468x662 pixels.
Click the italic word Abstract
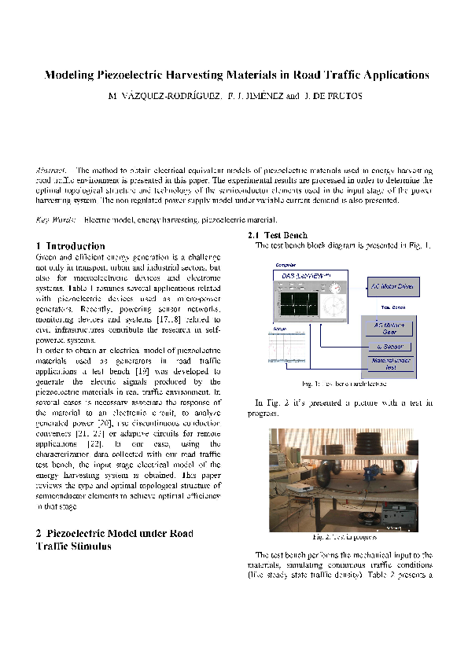(x=52, y=170)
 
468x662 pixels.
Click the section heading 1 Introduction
(x=70, y=246)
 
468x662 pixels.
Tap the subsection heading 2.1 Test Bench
(x=272, y=235)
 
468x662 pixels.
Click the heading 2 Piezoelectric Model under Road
(x=103, y=533)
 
